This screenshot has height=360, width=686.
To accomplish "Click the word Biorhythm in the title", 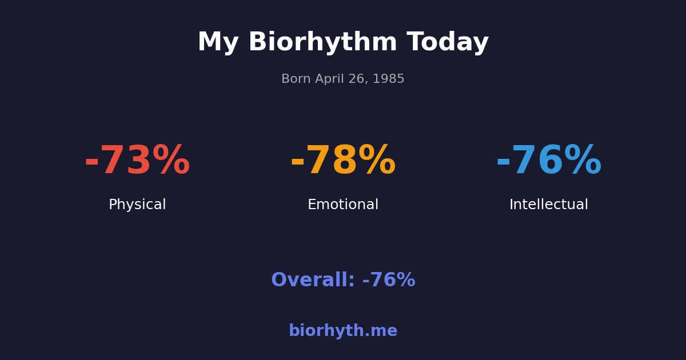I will (322, 43).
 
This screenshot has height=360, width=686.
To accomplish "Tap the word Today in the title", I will (448, 43).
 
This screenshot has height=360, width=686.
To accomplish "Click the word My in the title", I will (218, 43).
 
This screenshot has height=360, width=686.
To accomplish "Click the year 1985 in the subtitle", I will (389, 79).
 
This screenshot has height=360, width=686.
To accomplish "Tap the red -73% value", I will (137, 161).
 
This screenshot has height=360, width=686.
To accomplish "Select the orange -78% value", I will (343, 161).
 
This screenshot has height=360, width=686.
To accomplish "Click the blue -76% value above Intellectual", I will (549, 161).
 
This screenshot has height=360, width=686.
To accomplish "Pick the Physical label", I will (137, 205).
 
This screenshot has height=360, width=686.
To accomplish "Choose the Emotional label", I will (343, 205).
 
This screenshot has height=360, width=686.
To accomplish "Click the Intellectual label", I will (549, 205).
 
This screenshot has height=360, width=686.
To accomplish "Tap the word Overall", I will (312, 281).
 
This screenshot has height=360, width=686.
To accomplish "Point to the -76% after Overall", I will (389, 281).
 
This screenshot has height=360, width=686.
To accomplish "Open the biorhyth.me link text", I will (343, 331).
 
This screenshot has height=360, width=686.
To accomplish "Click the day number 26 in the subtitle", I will (357, 79).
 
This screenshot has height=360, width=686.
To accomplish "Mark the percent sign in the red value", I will (171, 161).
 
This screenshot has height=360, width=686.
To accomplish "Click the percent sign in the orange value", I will (377, 161).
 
